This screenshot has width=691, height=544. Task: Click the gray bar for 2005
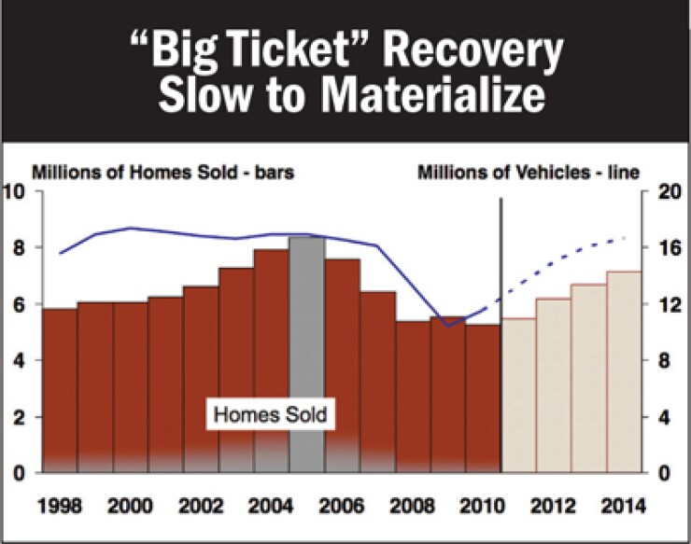(x=307, y=355)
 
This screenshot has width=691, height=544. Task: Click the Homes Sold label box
(x=269, y=414)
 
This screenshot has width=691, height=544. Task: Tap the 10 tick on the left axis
(x=15, y=192)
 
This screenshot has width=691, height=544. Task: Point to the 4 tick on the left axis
(x=20, y=361)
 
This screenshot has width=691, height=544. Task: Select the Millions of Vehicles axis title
(x=528, y=173)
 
